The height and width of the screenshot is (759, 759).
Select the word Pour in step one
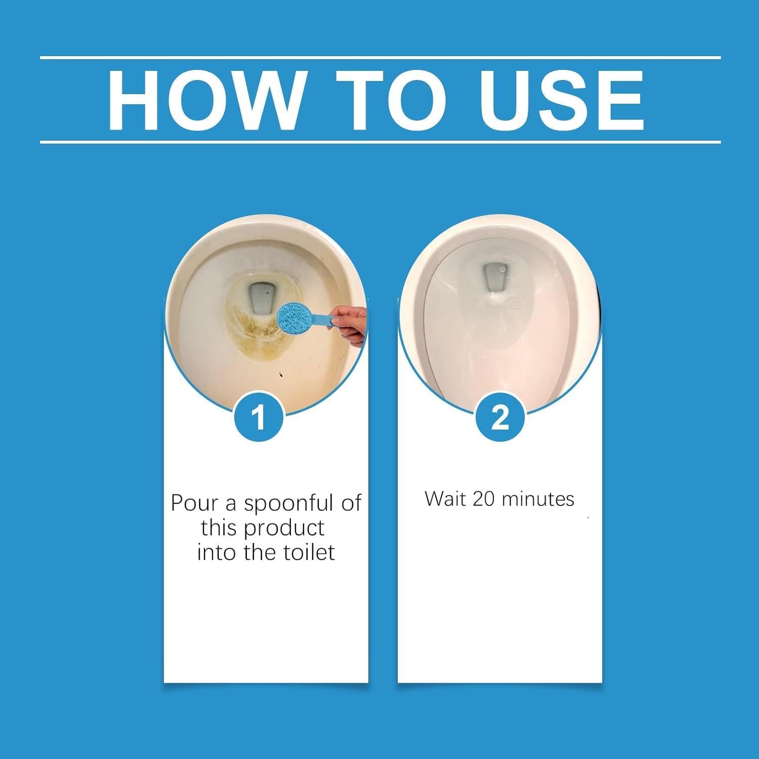click(x=194, y=503)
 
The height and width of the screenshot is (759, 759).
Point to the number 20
click(x=484, y=499)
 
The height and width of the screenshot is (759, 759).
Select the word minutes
click(x=537, y=499)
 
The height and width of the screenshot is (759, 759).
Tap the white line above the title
click(x=381, y=58)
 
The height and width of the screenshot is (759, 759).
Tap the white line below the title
click(x=381, y=142)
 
